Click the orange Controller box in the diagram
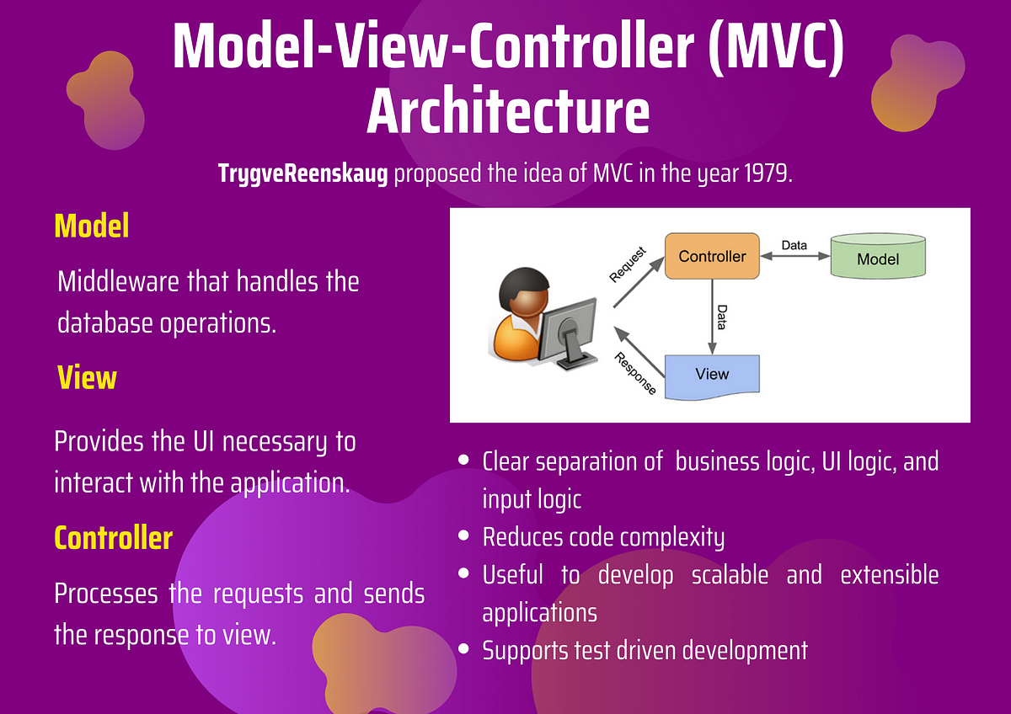coord(712,256)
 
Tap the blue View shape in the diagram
coord(712,376)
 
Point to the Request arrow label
coord(628,264)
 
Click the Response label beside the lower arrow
coord(636,373)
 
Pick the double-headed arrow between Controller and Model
coord(794,257)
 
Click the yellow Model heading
coord(91,226)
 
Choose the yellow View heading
coord(87,377)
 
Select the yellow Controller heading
coord(113,537)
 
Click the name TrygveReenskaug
coord(302,174)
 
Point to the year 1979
coord(768,174)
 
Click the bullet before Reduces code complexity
coord(463,535)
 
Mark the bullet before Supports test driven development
coord(463,649)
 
